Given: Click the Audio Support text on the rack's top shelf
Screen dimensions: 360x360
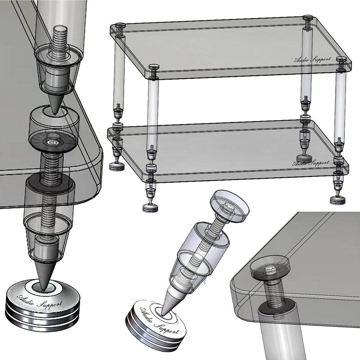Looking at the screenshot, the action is (x=312, y=59).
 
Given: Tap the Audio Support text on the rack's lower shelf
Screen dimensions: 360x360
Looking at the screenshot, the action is (x=310, y=163).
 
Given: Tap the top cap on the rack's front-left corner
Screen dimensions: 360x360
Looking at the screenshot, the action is (x=154, y=67).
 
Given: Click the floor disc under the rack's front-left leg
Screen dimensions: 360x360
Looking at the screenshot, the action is (x=150, y=208).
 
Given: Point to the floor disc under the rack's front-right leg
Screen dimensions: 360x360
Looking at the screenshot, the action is (x=337, y=200).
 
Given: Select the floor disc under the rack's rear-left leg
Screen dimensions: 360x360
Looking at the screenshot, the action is (x=117, y=166).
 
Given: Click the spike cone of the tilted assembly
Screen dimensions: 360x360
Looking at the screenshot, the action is (x=170, y=300).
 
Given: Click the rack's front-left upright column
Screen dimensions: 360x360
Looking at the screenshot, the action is (x=153, y=112).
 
